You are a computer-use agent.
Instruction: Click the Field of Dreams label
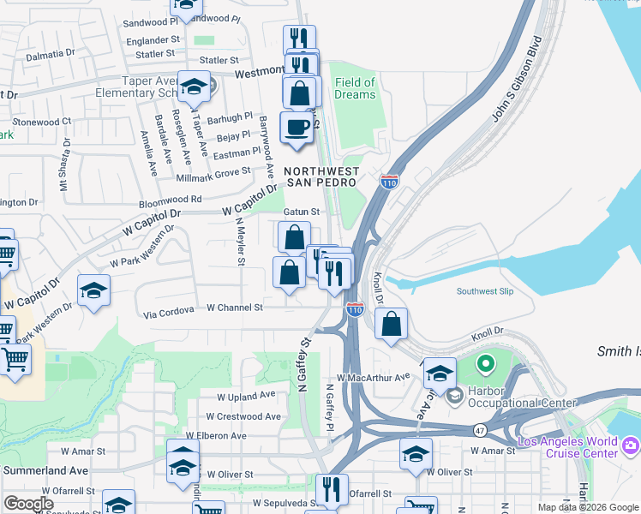pos(356,88)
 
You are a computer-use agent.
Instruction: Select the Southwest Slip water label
pos(485,291)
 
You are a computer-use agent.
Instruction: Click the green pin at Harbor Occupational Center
pos(485,365)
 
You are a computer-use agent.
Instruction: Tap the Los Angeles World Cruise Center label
pos(567,447)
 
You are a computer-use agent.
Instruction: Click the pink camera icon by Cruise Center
pos(631,444)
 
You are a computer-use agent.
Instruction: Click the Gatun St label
pos(302,212)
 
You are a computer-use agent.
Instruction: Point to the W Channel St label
pos(233,308)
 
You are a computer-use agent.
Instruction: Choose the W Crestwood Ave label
pos(249,416)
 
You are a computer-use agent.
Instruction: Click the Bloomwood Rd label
pos(171,199)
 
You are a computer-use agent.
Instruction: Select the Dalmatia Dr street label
pos(50,53)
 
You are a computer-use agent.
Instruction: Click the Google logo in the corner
pos(28,504)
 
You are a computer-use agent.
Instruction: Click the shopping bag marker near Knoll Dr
pos(391,325)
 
